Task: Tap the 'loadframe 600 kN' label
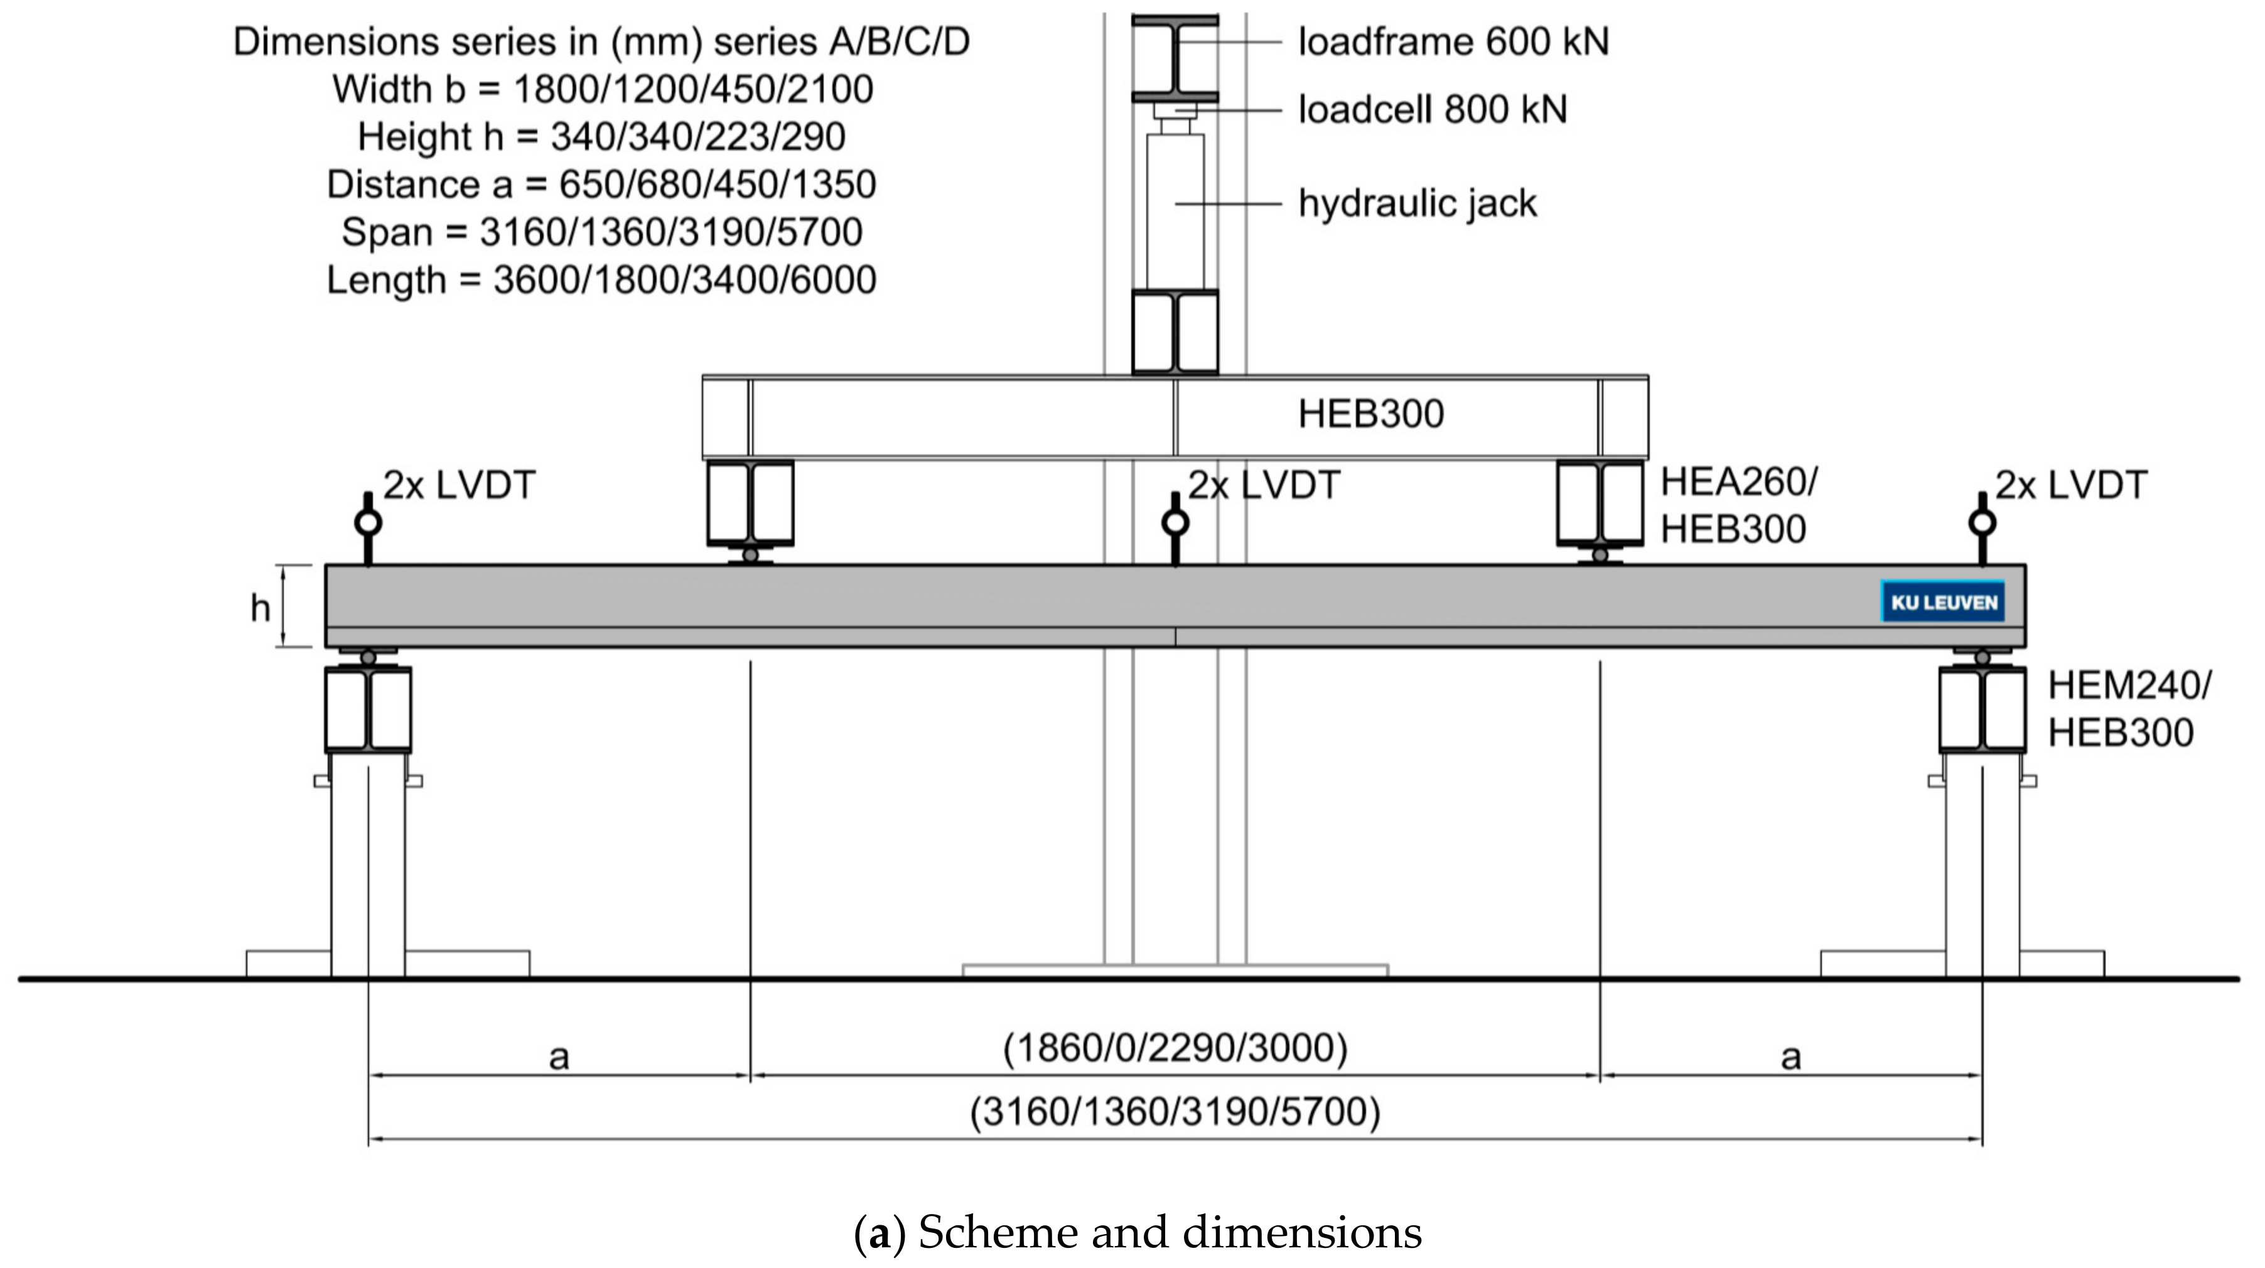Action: point(1453,41)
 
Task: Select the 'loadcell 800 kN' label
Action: point(1433,109)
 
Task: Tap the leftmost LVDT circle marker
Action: point(367,523)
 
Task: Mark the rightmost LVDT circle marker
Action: point(1981,523)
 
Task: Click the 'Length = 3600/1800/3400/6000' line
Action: point(602,279)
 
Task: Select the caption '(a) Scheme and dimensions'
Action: point(1137,1233)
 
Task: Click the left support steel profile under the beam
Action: point(367,709)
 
